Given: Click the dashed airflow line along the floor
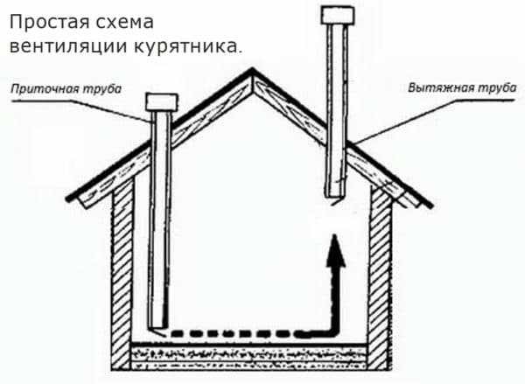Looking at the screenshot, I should [x=245, y=333].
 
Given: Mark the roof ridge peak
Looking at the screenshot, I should [x=254, y=73].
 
